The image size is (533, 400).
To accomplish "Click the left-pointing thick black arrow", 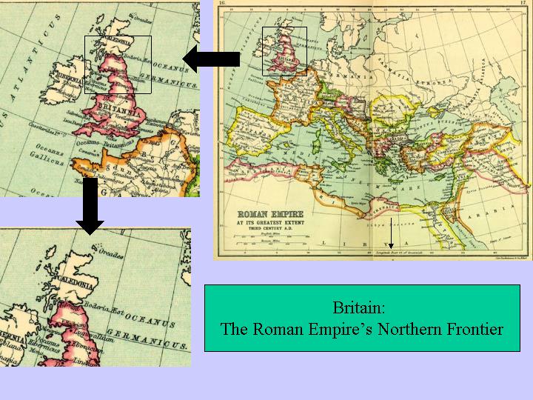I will coord(210,58).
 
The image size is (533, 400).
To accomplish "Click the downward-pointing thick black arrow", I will coord(91,204).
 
